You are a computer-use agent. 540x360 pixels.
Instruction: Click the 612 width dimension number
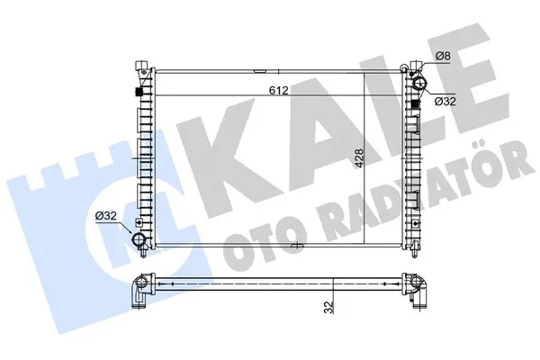click(278, 90)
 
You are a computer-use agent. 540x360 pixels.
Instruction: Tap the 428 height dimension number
click(359, 158)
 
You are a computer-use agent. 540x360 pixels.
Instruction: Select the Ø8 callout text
click(443, 56)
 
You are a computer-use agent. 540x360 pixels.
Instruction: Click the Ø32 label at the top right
click(445, 102)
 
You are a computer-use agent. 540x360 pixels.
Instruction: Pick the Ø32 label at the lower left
click(106, 216)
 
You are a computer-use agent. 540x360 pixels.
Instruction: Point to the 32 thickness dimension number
click(329, 307)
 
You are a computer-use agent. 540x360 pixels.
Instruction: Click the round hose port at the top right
click(419, 84)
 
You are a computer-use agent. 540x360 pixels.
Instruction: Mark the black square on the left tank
click(139, 92)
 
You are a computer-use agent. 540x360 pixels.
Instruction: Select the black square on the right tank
click(416, 103)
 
